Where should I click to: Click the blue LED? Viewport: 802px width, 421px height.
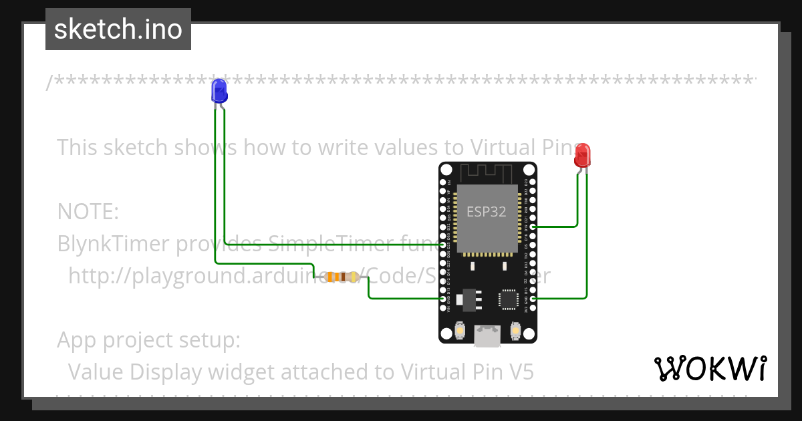[219, 90]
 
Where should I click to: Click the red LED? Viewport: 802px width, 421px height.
[582, 155]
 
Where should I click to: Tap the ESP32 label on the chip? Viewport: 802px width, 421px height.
[486, 212]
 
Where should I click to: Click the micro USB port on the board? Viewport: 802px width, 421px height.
[487, 336]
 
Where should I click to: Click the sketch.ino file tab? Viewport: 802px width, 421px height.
[118, 29]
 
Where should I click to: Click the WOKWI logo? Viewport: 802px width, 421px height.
[710, 368]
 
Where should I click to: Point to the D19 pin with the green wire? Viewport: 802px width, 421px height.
[532, 227]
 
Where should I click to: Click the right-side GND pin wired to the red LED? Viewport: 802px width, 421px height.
[532, 298]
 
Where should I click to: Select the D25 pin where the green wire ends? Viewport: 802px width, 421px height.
[443, 245]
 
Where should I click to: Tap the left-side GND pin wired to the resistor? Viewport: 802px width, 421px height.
[443, 298]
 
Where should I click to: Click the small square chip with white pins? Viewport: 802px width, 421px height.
[509, 299]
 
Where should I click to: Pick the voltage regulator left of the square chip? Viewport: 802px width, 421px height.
[470, 299]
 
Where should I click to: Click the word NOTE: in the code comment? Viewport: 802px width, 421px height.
[88, 212]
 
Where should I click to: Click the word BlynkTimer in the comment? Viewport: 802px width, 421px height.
[114, 244]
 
